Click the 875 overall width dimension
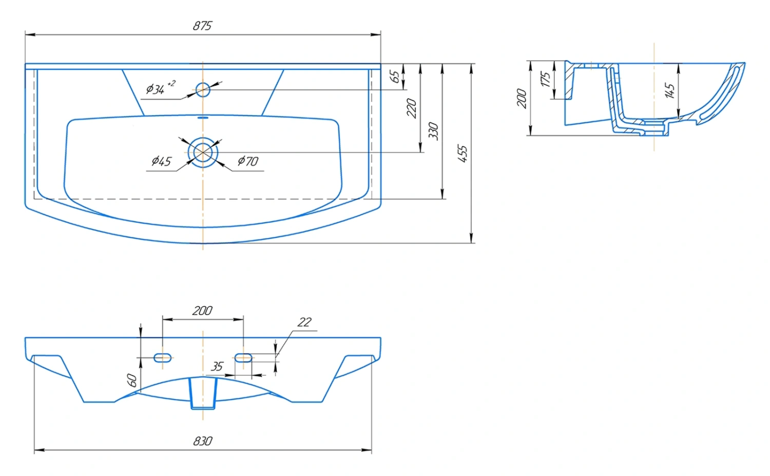point(202,26)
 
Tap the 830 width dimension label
point(202,441)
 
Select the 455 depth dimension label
point(463,154)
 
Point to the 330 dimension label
point(433,131)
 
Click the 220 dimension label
point(412,108)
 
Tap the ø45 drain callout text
point(161,161)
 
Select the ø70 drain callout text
point(248,161)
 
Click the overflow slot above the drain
point(203,118)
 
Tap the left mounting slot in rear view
point(163,358)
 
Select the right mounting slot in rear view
point(243,358)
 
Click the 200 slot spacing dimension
point(202,311)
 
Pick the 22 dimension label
point(304,322)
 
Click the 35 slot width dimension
point(217,367)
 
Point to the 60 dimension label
point(132,380)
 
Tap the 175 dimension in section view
point(546,79)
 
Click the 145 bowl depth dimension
point(669,90)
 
